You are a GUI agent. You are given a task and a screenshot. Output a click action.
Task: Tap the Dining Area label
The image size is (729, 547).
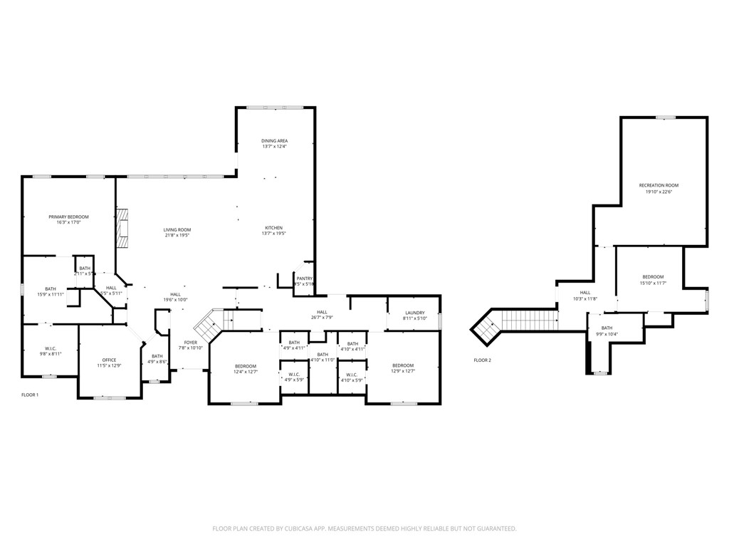pyautogui.click(x=274, y=141)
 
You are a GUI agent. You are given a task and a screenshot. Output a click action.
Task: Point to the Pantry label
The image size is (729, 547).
pyautogui.click(x=304, y=278)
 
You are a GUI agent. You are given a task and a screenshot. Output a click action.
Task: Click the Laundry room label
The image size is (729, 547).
pyautogui.click(x=414, y=313)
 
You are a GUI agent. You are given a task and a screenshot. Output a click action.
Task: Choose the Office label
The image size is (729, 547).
pyautogui.click(x=109, y=360)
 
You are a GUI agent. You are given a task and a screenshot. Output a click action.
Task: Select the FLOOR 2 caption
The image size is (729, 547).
pyautogui.click(x=482, y=360)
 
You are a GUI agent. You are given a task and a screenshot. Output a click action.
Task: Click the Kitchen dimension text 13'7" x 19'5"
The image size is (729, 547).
pyautogui.click(x=273, y=234)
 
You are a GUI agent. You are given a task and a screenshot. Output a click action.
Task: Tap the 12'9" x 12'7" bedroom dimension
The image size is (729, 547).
pyautogui.click(x=402, y=371)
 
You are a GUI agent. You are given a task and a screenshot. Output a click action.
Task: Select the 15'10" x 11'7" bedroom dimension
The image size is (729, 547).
pyautogui.click(x=653, y=283)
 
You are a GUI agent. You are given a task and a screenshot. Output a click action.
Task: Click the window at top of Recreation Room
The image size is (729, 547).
pyautogui.click(x=666, y=118)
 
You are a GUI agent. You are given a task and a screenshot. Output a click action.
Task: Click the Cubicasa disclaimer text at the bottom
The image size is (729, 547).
pyautogui.click(x=364, y=528)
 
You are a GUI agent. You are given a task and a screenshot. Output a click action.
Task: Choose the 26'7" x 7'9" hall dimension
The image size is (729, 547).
pyautogui.click(x=322, y=318)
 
